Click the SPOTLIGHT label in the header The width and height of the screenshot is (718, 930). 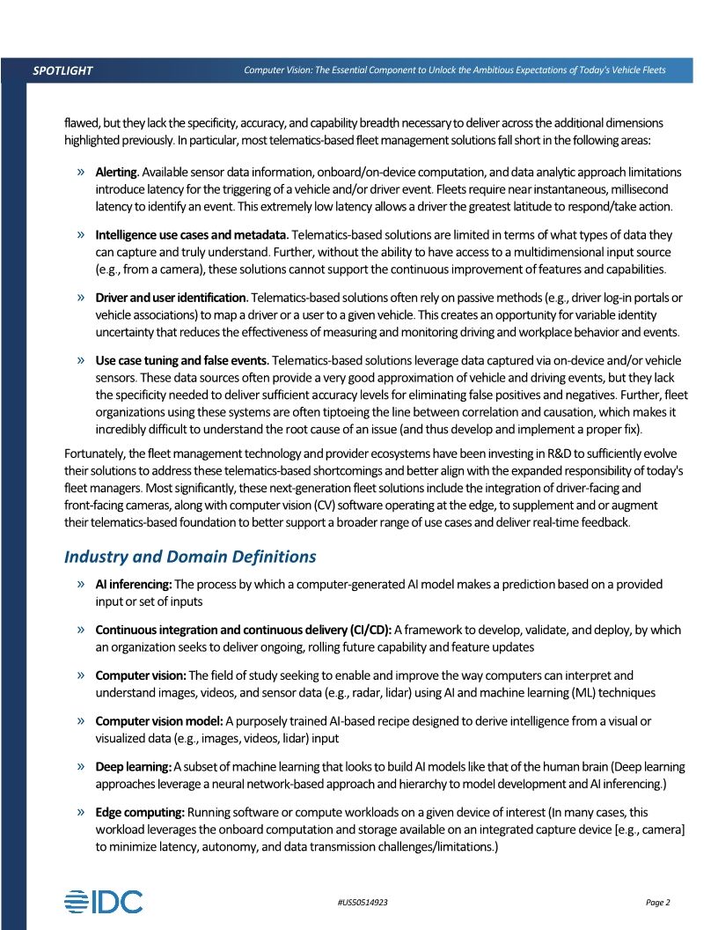[62, 70]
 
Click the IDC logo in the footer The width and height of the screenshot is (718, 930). [103, 902]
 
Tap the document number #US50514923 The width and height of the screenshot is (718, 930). [363, 903]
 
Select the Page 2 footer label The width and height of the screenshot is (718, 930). [657, 903]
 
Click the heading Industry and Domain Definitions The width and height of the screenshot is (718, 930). [190, 557]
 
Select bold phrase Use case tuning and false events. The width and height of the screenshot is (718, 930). [183, 361]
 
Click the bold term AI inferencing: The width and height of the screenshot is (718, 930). [134, 584]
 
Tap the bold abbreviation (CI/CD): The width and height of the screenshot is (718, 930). [370, 630]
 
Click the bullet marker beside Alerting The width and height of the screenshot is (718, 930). [81, 171]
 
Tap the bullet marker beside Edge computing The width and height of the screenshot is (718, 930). [81, 813]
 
